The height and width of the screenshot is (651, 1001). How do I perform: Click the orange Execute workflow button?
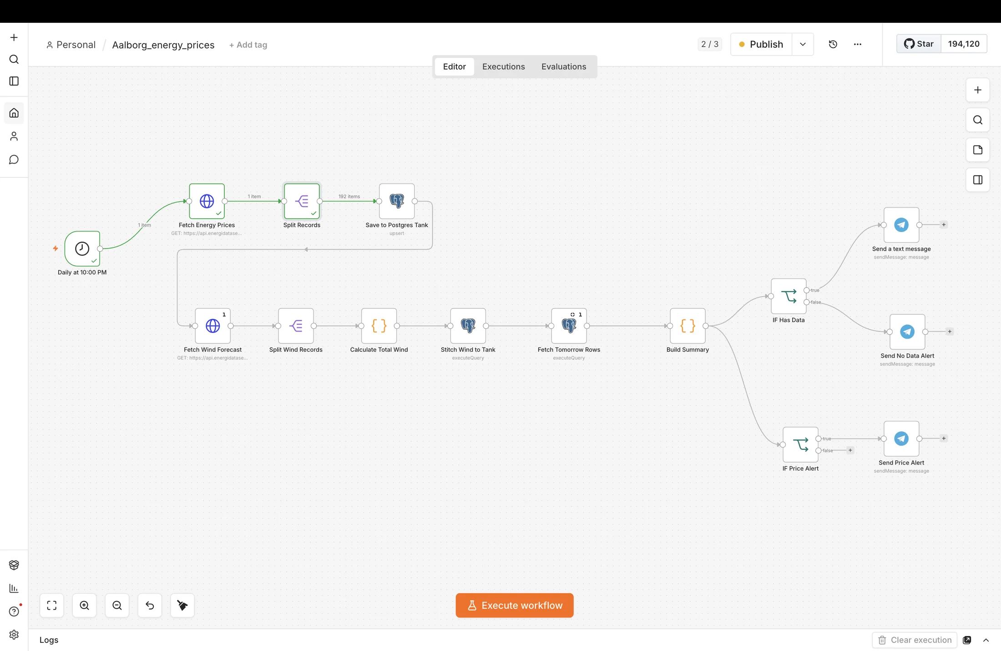[514, 605]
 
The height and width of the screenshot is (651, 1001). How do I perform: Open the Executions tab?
[503, 66]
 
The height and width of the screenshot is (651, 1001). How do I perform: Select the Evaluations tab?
[563, 66]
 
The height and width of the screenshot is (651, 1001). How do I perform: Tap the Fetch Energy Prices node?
[207, 201]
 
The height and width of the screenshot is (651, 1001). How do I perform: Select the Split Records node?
[302, 201]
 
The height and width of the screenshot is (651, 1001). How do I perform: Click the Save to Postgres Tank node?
[397, 201]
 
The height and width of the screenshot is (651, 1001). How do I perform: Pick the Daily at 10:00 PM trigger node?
[82, 248]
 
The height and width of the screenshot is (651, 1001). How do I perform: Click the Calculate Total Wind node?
[379, 326]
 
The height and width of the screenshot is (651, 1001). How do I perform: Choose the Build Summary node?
[688, 326]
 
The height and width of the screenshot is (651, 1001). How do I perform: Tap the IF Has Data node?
[789, 296]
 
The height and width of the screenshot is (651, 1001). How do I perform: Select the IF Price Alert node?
[800, 444]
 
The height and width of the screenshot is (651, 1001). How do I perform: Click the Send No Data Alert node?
[907, 332]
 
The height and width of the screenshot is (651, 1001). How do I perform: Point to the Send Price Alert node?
[901, 439]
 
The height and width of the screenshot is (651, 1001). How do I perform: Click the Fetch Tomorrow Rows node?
[569, 326]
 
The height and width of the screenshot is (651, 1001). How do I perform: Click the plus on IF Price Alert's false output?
[850, 450]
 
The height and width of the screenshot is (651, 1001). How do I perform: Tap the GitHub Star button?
[919, 44]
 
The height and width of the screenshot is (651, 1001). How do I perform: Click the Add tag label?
[248, 45]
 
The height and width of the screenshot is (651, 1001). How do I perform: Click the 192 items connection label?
[349, 197]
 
